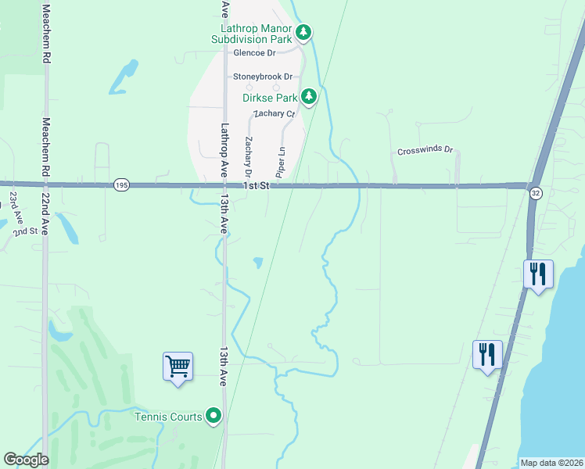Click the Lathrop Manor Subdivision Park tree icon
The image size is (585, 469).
tap(304, 34)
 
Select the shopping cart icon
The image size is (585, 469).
tap(178, 366)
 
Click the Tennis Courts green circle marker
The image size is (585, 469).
tap(214, 416)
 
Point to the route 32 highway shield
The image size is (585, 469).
tap(535, 193)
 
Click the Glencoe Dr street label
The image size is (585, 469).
tap(255, 53)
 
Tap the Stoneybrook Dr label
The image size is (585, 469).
tap(262, 77)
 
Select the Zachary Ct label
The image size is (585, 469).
tap(273, 113)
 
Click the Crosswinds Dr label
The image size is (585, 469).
tap(425, 150)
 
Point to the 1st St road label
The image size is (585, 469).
tap(255, 186)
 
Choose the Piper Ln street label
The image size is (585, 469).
tap(280, 159)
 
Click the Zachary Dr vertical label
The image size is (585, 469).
tap(249, 156)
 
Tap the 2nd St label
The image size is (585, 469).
tap(26, 231)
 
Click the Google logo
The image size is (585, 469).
tap(26, 460)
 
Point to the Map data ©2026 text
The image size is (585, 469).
tap(551, 463)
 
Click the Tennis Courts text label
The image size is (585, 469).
tap(168, 417)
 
